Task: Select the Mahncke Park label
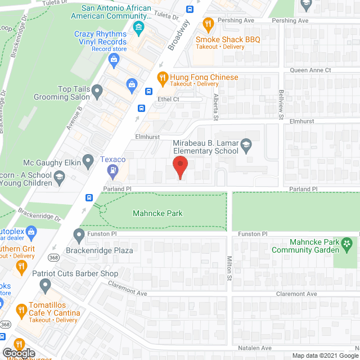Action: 157,213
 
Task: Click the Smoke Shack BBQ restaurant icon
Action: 208,24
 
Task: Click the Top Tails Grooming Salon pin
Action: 97,89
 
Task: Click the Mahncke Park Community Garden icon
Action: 348,243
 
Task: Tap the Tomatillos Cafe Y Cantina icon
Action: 21,309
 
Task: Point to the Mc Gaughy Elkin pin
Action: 88,162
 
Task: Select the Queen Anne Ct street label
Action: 310,70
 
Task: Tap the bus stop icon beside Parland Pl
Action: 89,197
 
